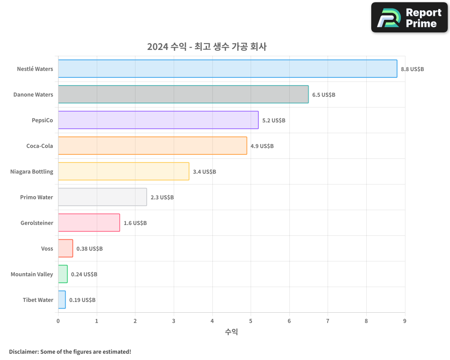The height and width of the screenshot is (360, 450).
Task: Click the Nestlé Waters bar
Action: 227,69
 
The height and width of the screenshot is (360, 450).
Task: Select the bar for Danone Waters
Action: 183,94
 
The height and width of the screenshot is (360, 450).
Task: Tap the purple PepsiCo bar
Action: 158,120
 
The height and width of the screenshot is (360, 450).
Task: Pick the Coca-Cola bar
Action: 152,146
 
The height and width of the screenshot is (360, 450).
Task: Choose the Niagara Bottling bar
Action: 123,171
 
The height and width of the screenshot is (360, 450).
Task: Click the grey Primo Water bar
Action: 102,197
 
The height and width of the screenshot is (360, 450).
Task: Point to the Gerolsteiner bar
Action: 89,223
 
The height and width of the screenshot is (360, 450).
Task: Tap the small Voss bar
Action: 65,248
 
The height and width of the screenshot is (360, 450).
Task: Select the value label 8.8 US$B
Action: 412,69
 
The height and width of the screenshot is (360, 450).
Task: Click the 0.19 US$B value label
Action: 82,300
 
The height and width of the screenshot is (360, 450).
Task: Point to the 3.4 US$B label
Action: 204,172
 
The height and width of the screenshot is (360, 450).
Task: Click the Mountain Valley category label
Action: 32,274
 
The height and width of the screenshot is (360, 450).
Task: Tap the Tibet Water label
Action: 38,300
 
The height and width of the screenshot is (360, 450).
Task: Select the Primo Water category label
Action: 36,198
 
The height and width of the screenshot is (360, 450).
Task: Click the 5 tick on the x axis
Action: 251,321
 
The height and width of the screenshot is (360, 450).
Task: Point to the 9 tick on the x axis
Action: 405,321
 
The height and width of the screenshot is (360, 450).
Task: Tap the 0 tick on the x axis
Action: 58,321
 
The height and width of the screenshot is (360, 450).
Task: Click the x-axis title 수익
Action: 231,332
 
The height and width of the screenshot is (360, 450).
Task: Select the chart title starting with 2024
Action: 207,47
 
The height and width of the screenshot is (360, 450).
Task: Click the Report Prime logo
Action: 409,18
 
